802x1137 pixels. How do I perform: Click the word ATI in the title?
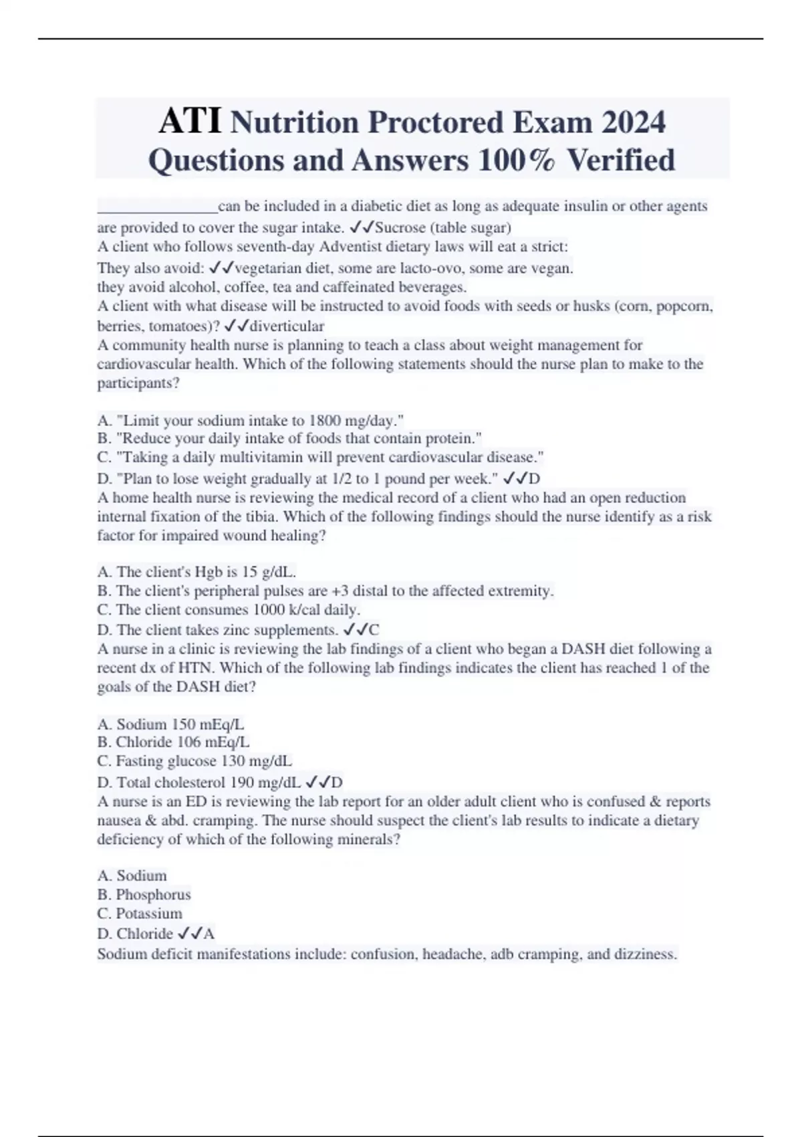tap(190, 121)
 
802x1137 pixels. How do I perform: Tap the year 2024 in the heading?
tap(632, 122)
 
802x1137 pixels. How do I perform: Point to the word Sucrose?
tap(400, 227)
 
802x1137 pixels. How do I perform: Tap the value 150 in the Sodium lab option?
tap(184, 724)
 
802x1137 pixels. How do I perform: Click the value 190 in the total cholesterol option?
tap(243, 783)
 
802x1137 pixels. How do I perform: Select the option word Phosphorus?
tap(153, 895)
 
